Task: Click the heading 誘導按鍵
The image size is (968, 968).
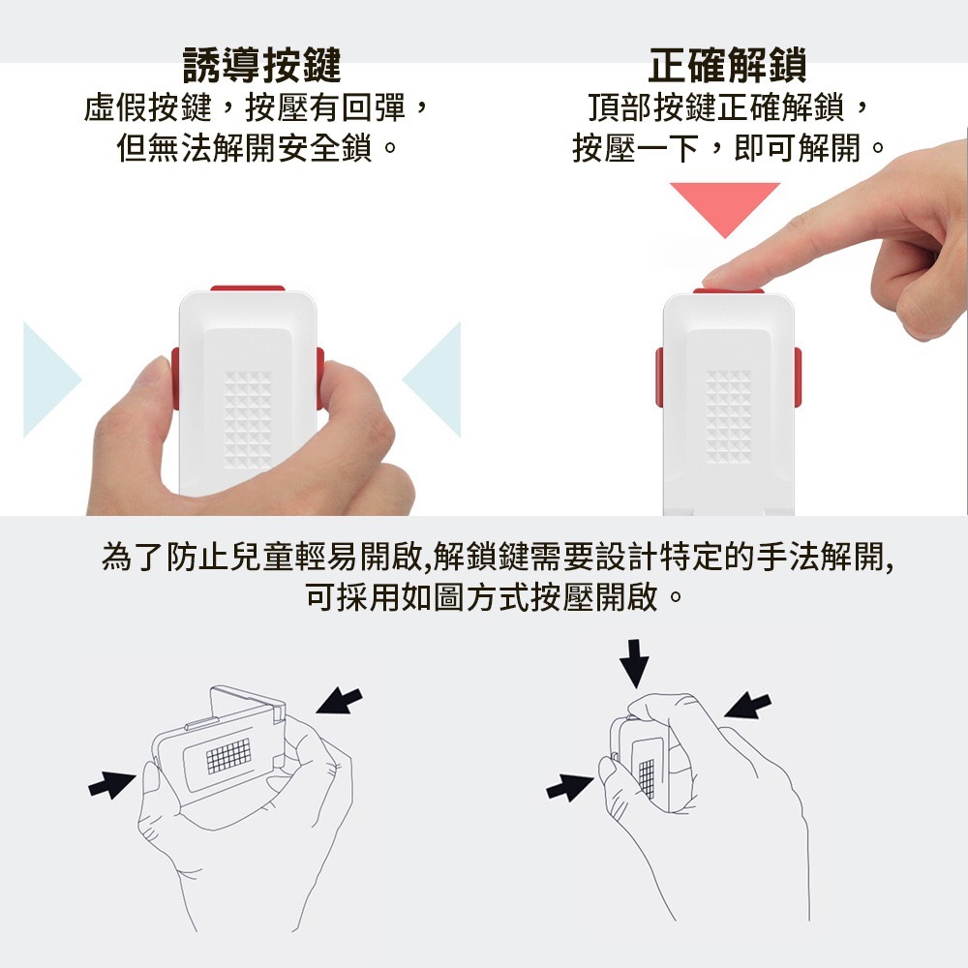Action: point(261,65)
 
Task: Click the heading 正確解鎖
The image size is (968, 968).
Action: point(727,65)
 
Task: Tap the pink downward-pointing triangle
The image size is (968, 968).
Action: point(725,207)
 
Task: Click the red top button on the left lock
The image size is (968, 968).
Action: point(248,288)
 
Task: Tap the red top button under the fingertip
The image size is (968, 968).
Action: point(729,290)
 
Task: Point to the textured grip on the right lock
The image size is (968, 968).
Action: point(729,416)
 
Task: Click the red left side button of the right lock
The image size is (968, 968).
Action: point(659,378)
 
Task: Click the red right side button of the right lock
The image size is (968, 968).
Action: point(798,378)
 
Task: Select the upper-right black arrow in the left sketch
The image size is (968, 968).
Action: point(338,701)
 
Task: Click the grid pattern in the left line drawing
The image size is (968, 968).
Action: point(229,756)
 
